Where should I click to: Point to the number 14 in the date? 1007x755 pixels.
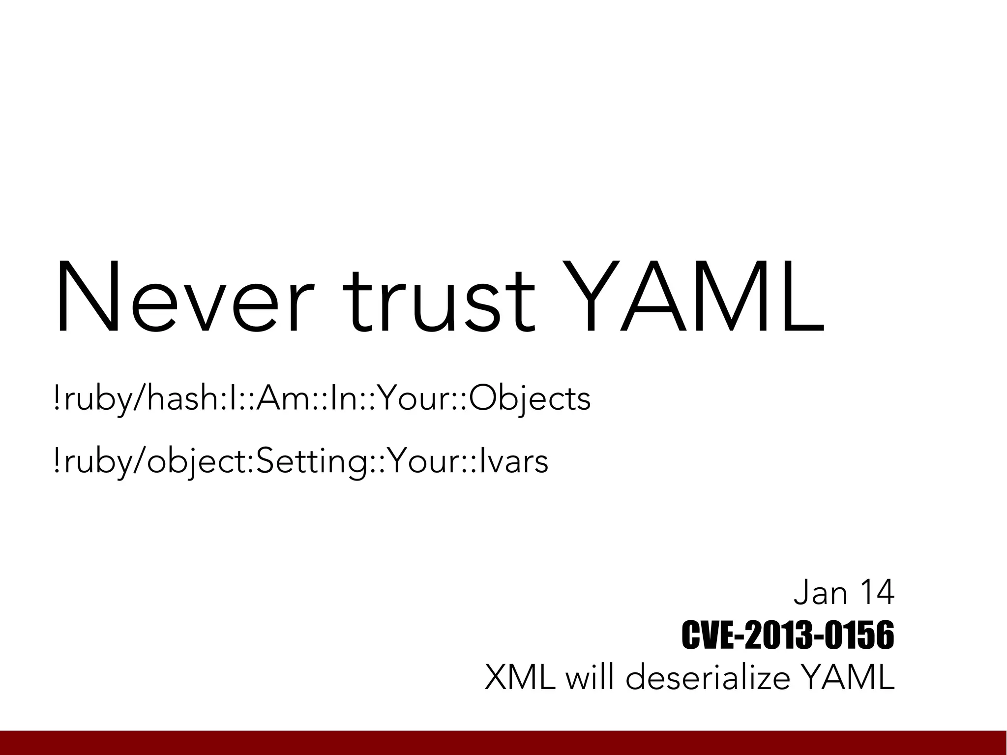[x=876, y=593]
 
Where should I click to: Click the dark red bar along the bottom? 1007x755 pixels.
[x=503, y=743]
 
